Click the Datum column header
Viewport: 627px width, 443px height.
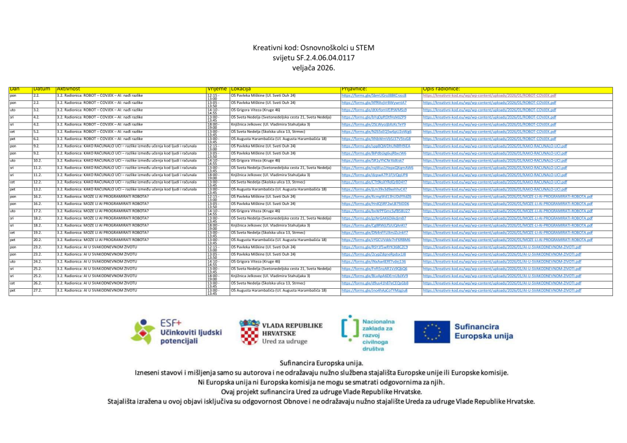(x=42, y=89)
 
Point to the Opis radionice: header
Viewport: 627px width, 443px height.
(x=443, y=89)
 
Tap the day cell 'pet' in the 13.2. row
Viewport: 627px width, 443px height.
(x=12, y=189)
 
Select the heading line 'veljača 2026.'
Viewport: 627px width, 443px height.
(x=313, y=69)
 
